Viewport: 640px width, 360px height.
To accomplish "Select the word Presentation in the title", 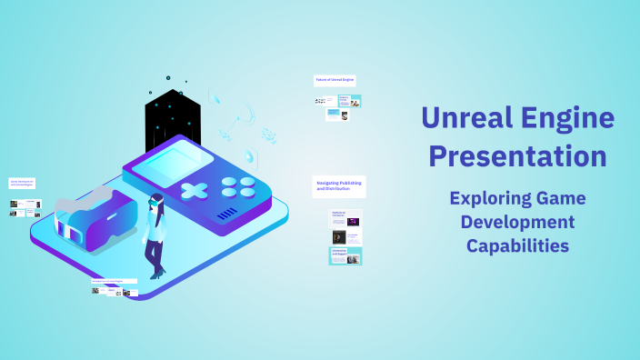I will (x=517, y=155).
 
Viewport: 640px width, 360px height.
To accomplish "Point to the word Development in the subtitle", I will (x=517, y=222).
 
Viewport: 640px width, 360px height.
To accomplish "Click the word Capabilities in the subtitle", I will (x=517, y=245).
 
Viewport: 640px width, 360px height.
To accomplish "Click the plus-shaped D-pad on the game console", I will (x=194, y=191).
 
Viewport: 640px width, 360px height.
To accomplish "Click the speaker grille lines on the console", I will (x=228, y=214).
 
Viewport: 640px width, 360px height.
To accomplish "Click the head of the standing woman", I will (x=156, y=200).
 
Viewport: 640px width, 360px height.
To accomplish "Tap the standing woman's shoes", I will (x=157, y=273).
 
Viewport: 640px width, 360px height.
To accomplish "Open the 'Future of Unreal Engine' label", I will (x=335, y=80).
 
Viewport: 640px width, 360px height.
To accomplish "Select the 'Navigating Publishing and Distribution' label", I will (x=339, y=185).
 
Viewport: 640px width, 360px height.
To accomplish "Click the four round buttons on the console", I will (x=239, y=186).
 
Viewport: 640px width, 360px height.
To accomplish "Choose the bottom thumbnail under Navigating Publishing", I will (x=345, y=255).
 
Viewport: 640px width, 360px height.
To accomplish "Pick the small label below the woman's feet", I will (x=114, y=282).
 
